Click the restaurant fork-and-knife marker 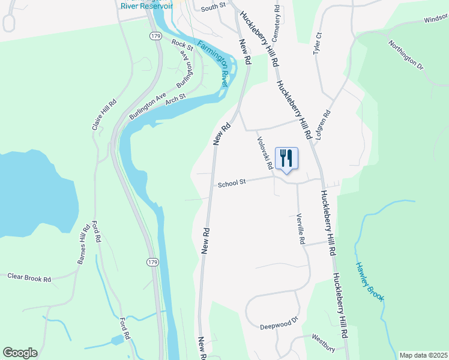[286, 158]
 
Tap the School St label [232, 184]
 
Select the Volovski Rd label [265, 152]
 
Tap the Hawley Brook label [369, 281]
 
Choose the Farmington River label [213, 65]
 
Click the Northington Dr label [406, 55]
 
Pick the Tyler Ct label [318, 44]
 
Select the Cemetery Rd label [277, 18]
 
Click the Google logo [20, 353]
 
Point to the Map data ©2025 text [423, 355]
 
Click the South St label [213, 7]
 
